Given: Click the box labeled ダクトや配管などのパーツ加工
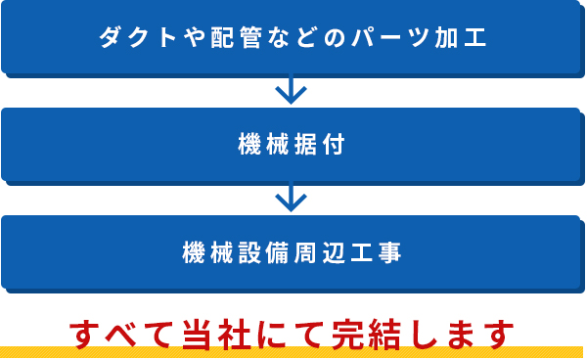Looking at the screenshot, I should [x=293, y=37].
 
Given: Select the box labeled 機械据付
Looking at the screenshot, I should [x=293, y=145].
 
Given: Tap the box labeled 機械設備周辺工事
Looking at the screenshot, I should [x=293, y=252].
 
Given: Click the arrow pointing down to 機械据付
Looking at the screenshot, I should [x=292, y=91].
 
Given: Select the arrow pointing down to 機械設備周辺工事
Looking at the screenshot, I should [x=292, y=199].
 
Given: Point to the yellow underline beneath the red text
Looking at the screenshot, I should [x=293, y=352].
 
